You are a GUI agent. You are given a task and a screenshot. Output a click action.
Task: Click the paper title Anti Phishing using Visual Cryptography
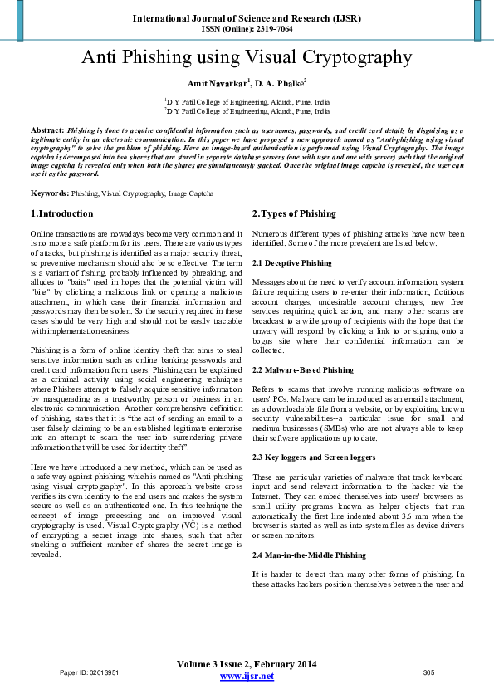tap(247, 57)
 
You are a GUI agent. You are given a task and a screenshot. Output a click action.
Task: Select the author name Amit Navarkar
tap(218, 83)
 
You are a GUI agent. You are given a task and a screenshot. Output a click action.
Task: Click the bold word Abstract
tap(47, 131)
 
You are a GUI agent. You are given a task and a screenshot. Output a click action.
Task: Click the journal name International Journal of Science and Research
tap(247, 17)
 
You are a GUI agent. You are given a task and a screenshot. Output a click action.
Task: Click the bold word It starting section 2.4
tap(255, 574)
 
